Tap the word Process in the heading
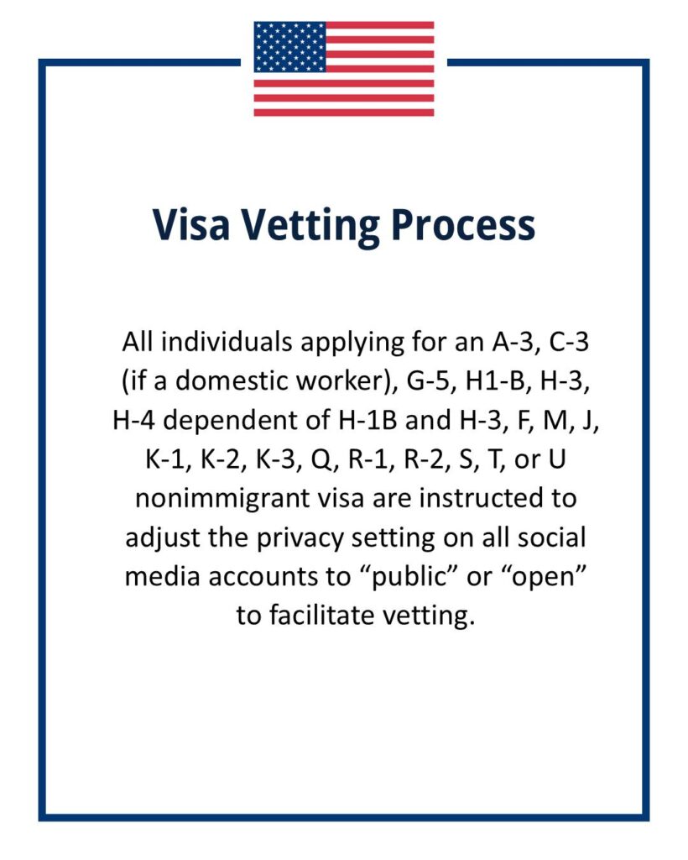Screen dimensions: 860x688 pos(462,225)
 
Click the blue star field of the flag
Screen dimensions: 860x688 pos(289,47)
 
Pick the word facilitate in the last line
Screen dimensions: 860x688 pos(330,615)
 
